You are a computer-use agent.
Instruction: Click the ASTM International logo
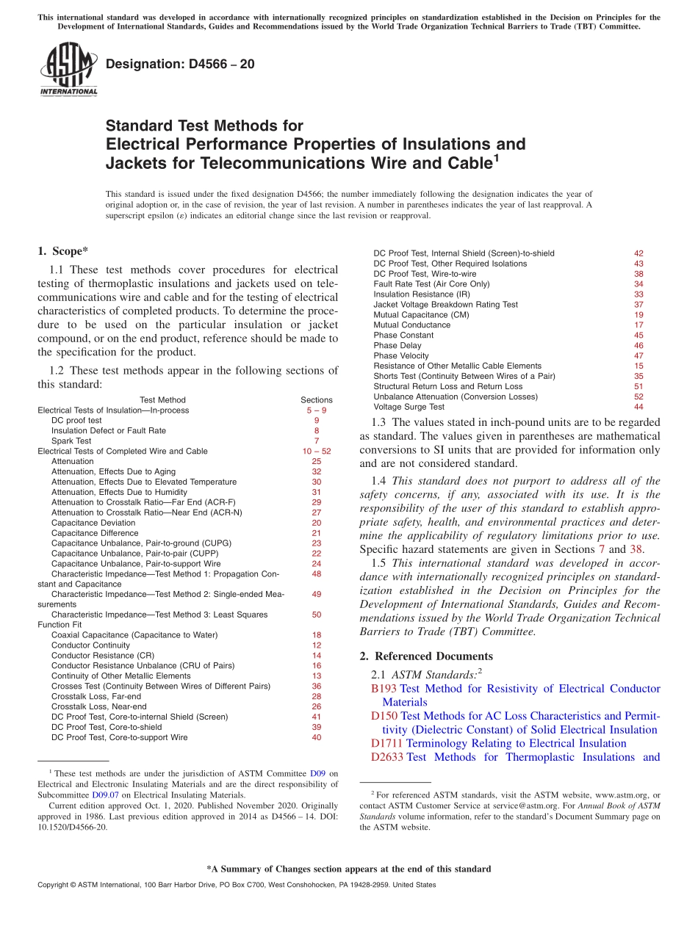click(68, 70)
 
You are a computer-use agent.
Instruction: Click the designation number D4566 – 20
click(180, 64)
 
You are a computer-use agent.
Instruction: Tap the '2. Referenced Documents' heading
click(426, 656)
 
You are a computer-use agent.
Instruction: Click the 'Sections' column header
click(317, 400)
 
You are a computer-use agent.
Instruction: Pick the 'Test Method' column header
click(162, 400)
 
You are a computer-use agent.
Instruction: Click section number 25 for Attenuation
click(317, 461)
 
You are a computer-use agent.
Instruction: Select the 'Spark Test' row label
click(71, 441)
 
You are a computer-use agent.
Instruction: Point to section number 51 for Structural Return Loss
click(638, 386)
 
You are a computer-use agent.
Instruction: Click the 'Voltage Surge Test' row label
click(409, 407)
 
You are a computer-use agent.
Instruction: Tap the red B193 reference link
click(384, 689)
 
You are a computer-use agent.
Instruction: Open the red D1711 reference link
click(386, 743)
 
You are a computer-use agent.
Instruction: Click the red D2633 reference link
click(386, 757)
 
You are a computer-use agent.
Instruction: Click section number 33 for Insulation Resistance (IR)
click(638, 294)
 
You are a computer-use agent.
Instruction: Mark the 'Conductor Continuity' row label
click(90, 645)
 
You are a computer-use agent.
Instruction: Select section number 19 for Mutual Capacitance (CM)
click(638, 314)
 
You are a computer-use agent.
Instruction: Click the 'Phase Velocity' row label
click(400, 355)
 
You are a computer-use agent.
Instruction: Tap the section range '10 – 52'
click(317, 451)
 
